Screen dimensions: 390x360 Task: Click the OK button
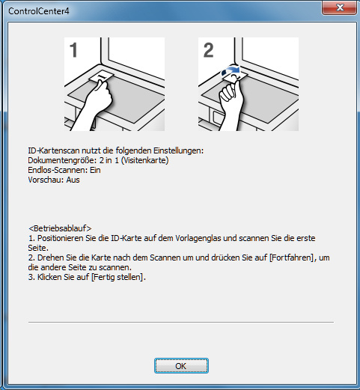coord(180,366)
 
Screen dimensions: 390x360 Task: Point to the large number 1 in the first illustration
coord(74,51)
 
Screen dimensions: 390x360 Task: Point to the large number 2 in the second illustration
coord(209,51)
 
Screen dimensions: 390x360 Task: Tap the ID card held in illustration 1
coord(100,77)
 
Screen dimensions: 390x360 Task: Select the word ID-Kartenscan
coord(52,150)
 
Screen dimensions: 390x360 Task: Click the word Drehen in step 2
coord(50,258)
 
